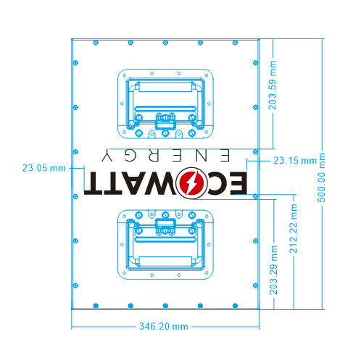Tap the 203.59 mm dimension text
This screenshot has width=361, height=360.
(273, 84)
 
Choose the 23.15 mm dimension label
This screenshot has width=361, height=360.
(294, 160)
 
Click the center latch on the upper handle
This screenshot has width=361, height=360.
(165, 121)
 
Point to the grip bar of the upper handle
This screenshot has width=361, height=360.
(165, 85)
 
